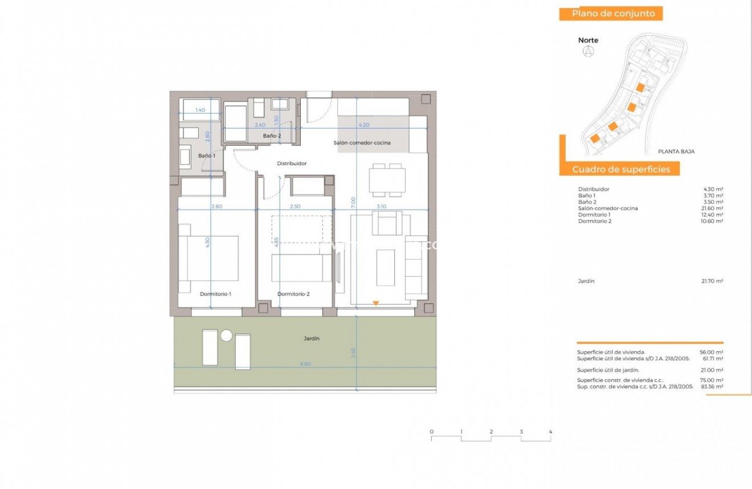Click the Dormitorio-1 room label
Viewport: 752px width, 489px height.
[x=215, y=294]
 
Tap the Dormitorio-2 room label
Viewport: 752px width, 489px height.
[x=293, y=294]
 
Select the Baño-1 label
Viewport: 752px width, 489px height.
[x=207, y=156]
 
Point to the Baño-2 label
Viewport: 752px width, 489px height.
[x=272, y=136]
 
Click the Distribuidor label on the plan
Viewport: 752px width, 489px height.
[x=292, y=163]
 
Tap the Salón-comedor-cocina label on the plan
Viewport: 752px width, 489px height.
[x=362, y=143]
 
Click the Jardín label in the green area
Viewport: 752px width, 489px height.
[x=311, y=339]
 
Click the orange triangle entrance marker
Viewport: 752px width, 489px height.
[x=375, y=303]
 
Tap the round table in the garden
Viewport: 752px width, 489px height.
[x=226, y=336]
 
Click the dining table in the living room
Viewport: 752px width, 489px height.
[x=387, y=180]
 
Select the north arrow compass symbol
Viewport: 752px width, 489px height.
[x=588, y=52]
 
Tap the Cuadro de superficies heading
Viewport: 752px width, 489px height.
[x=618, y=169]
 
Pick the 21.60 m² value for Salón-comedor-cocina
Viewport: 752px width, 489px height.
[x=713, y=208]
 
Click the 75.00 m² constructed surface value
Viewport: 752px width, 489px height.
[x=712, y=380]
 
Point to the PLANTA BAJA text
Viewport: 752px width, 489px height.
[x=676, y=151]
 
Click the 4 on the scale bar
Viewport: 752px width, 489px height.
[x=550, y=432]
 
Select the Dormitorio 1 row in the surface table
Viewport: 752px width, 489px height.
[x=594, y=215]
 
